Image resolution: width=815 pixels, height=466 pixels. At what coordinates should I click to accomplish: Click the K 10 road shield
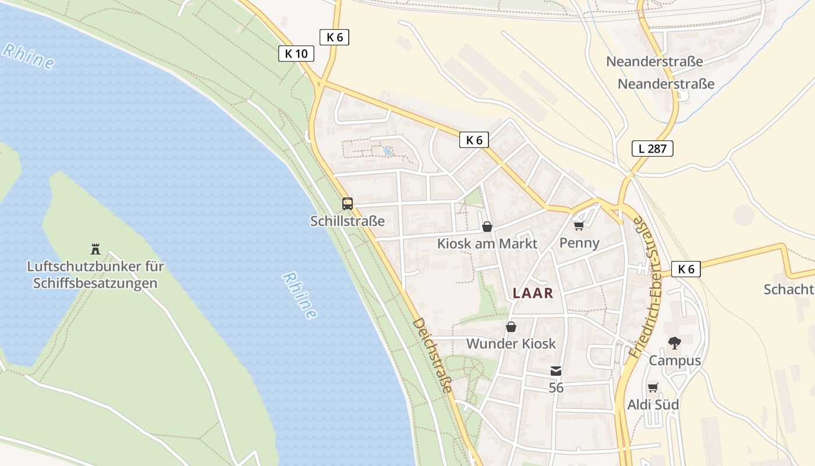[x=296, y=54]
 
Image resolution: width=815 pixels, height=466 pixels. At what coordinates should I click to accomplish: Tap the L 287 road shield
[x=652, y=149]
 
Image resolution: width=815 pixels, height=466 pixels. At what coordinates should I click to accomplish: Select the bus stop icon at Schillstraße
[x=348, y=204]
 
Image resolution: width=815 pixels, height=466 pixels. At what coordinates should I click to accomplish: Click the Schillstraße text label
[x=348, y=221]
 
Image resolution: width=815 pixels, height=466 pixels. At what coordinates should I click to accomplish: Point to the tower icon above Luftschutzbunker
[x=95, y=249]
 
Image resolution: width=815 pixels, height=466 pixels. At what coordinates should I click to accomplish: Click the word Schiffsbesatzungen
[x=95, y=284]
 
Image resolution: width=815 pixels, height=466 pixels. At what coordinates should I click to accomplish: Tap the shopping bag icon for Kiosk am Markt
[x=487, y=227]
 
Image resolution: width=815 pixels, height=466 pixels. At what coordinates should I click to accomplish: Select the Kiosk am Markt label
[x=487, y=243]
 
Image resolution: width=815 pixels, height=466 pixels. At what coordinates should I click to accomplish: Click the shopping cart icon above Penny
[x=579, y=225]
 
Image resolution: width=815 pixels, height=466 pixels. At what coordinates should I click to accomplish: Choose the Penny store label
[x=579, y=243]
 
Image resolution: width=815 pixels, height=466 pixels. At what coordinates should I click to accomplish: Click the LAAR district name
[x=533, y=294]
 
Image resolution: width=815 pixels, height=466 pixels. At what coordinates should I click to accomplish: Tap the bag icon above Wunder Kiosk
[x=511, y=327]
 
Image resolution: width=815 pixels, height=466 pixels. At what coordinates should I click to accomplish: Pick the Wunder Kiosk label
[x=511, y=344]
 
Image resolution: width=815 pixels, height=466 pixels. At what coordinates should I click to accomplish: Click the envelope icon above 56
[x=556, y=371]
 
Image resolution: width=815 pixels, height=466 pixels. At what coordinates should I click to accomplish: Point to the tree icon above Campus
[x=675, y=343]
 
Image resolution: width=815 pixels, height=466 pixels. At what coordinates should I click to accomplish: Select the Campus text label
[x=675, y=361]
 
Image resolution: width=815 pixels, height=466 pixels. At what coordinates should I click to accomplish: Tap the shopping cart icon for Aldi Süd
[x=653, y=387]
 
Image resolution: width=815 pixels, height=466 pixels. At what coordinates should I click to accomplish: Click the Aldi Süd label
[x=653, y=404]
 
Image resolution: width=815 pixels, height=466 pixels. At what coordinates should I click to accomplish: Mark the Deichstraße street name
[x=432, y=355]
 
